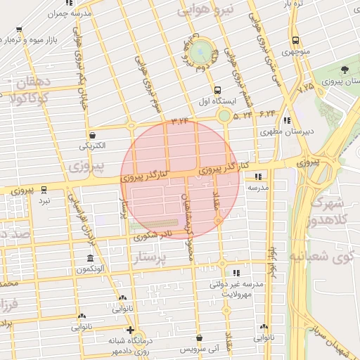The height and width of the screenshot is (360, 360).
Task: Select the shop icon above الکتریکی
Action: point(92,134)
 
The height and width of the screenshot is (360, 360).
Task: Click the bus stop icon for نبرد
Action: point(44,189)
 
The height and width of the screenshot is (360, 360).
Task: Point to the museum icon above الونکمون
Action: point(90,258)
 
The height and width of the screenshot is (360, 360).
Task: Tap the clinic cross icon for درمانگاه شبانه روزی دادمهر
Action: point(130,330)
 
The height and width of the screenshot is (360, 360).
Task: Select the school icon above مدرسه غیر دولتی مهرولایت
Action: point(236,272)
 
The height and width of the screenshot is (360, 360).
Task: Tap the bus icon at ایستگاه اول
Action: point(217,90)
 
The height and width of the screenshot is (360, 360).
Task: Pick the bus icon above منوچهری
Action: point(295,40)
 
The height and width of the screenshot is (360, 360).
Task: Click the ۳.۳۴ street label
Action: point(181,122)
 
